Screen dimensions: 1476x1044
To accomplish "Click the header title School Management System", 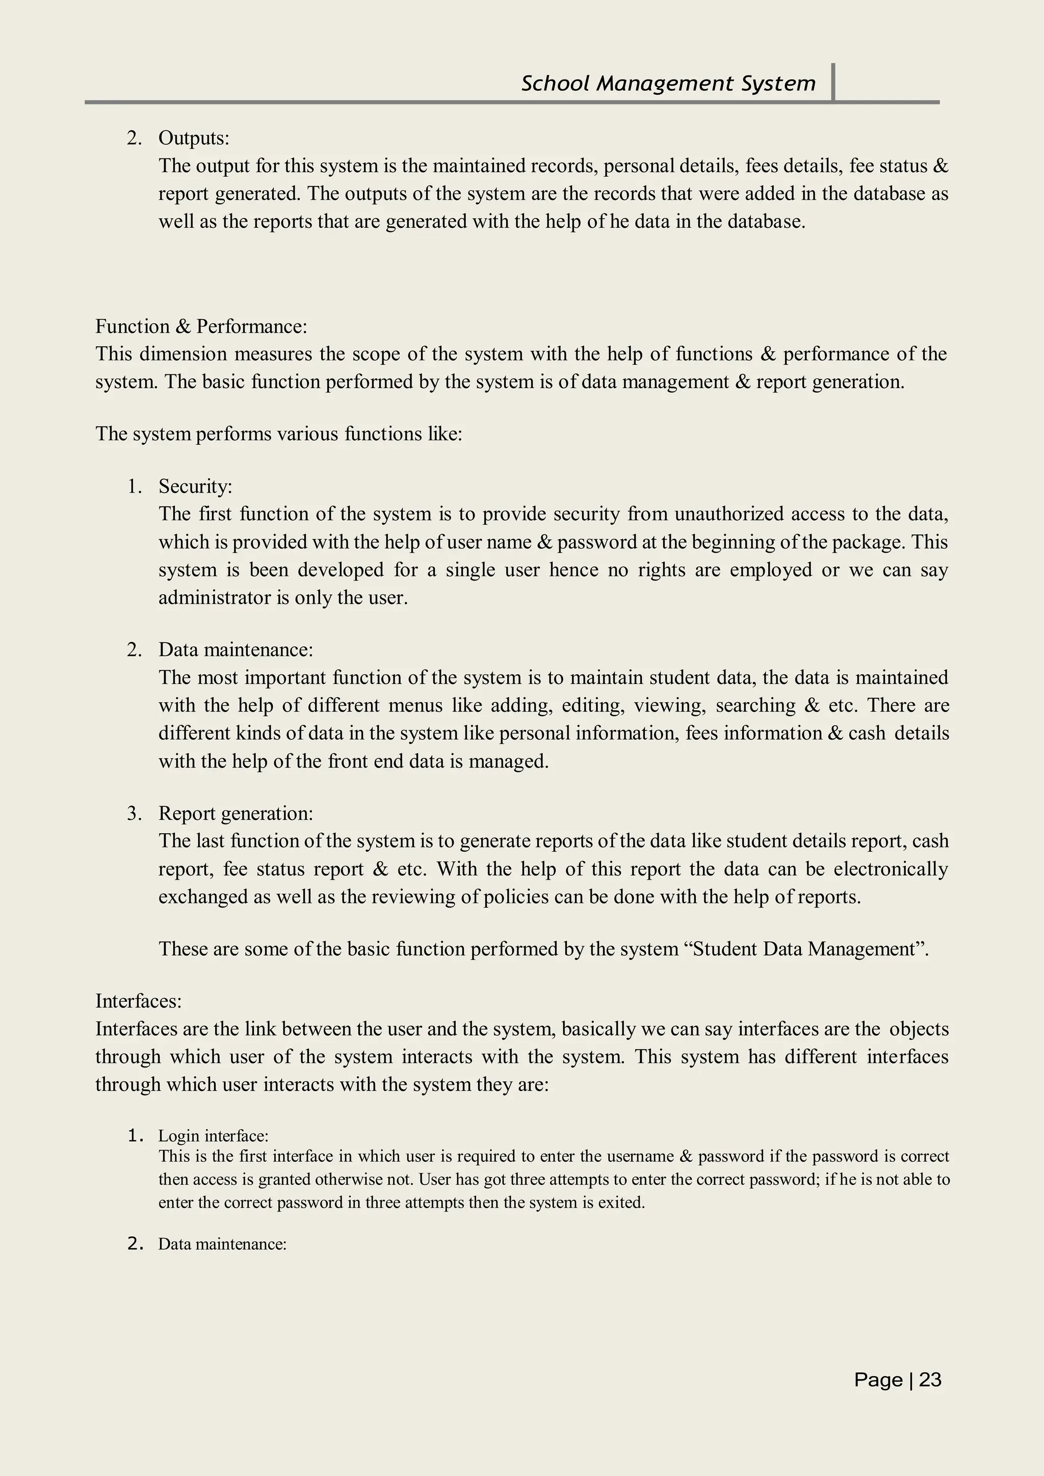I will [668, 84].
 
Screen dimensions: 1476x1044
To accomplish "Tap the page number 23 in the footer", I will [930, 1380].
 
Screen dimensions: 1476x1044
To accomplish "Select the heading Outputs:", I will [194, 138].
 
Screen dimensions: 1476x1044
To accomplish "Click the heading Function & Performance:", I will [201, 326].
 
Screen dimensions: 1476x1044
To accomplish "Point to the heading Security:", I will [195, 486].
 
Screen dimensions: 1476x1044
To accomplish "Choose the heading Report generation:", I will [236, 814].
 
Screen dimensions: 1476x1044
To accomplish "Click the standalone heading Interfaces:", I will [138, 1001].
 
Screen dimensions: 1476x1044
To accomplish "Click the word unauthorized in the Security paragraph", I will [729, 514].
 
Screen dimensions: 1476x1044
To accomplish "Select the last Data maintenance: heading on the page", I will [222, 1244].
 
